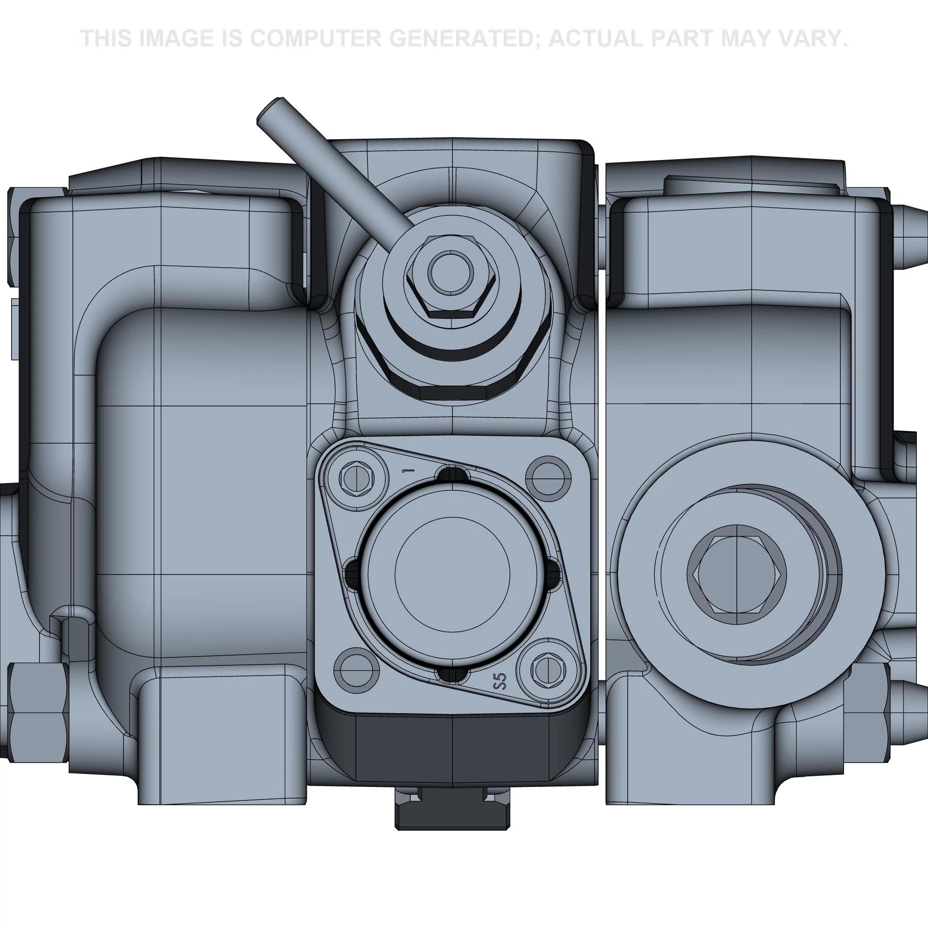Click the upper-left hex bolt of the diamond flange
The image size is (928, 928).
tap(357, 477)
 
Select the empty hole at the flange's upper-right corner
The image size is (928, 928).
tap(548, 478)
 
